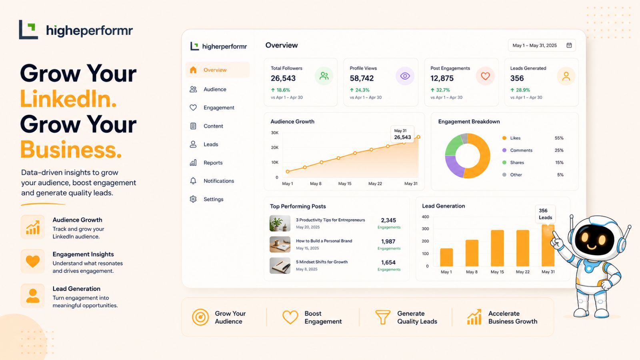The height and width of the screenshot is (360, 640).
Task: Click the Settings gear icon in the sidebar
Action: pyautogui.click(x=193, y=199)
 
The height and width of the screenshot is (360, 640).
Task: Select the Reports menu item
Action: pyautogui.click(x=213, y=162)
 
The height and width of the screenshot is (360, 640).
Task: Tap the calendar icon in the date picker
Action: pyautogui.click(x=569, y=46)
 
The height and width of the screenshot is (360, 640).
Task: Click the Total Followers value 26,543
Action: pyautogui.click(x=283, y=78)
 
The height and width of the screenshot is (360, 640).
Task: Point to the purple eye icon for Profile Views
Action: pyautogui.click(x=405, y=76)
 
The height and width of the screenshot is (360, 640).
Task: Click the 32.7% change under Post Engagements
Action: pyautogui.click(x=440, y=90)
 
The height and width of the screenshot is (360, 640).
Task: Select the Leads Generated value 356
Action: pyautogui.click(x=517, y=78)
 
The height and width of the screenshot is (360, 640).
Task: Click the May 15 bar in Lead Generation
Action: pyautogui.click(x=497, y=248)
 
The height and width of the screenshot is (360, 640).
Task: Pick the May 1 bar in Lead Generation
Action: pyautogui.click(x=446, y=257)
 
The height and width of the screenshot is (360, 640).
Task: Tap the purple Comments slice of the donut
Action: pyautogui.click(x=453, y=166)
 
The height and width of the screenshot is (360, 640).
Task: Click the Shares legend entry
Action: pyautogui.click(x=513, y=162)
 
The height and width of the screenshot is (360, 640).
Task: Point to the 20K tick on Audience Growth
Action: pyautogui.click(x=274, y=148)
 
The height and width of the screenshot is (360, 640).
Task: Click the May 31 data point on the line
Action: pyautogui.click(x=418, y=137)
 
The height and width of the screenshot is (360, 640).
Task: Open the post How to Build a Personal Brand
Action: pyautogui.click(x=324, y=241)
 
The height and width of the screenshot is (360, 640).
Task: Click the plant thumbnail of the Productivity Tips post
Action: pyautogui.click(x=280, y=223)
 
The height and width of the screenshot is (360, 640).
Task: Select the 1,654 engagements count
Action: pyautogui.click(x=388, y=262)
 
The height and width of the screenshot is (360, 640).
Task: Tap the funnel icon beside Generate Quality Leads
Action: pyautogui.click(x=382, y=317)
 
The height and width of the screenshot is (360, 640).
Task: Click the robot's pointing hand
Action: pyautogui.click(x=556, y=240)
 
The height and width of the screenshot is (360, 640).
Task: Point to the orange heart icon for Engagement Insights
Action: pyautogui.click(x=32, y=261)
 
